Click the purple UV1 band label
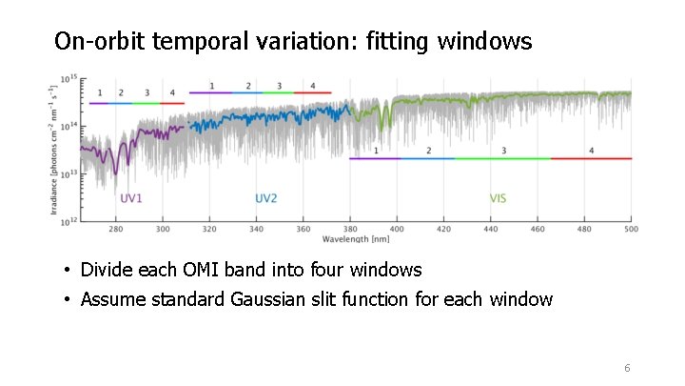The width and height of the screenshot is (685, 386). click(x=130, y=198)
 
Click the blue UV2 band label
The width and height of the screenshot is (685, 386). click(x=266, y=198)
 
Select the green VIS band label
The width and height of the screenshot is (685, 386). click(x=498, y=198)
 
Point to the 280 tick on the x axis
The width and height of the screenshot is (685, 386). click(x=115, y=230)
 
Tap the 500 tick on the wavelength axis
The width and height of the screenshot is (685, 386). click(x=630, y=230)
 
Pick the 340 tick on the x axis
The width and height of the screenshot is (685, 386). click(x=256, y=230)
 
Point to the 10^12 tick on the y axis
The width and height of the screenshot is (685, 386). click(x=68, y=222)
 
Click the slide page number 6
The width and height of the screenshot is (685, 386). click(x=627, y=369)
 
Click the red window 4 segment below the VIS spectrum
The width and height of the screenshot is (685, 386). click(x=591, y=158)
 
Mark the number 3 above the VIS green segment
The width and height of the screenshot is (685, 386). click(x=503, y=151)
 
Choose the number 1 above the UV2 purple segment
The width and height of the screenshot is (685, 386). click(x=211, y=86)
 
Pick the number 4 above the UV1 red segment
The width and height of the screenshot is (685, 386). click(x=172, y=93)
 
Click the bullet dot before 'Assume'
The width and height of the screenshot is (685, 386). click(x=68, y=300)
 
